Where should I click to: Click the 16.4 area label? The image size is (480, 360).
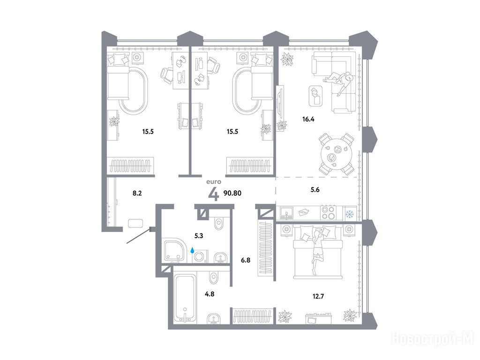coord(308,120)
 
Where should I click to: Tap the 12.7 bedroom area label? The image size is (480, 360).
coord(318,296)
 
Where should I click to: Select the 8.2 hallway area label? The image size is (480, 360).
coord(137,193)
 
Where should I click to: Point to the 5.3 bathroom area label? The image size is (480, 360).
coord(199,236)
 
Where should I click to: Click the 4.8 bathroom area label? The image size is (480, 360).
coord(210,294)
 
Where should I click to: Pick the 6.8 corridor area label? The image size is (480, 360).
coord(246,261)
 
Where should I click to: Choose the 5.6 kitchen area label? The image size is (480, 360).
coord(315,190)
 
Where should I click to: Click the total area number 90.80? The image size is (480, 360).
coord(232,193)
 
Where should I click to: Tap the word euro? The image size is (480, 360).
coord(214,182)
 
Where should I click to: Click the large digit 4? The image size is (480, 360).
coord(214,194)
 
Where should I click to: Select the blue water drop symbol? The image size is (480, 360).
coord(193,250)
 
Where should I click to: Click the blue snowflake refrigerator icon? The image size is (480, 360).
coord(350,214)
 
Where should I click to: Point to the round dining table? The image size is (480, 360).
coord(337,154)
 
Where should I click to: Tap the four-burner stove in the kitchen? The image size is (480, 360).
coord(329,212)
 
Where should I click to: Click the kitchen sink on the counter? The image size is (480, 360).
coord(286,213)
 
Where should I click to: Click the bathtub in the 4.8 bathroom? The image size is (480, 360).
coord(185,298)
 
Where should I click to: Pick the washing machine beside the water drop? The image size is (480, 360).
coord(200,256)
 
